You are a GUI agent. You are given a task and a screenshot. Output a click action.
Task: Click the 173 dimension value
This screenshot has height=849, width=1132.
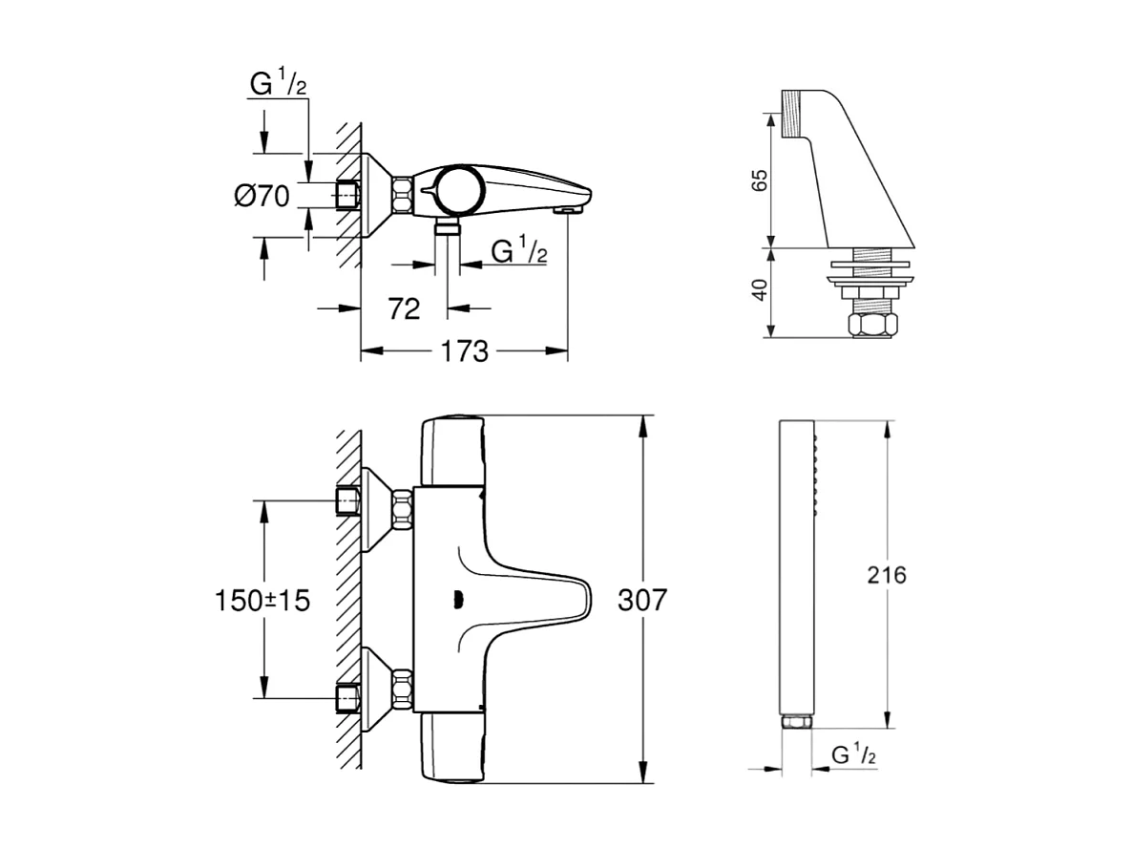[x=464, y=351]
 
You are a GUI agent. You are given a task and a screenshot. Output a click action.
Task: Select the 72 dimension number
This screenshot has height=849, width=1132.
[x=405, y=308]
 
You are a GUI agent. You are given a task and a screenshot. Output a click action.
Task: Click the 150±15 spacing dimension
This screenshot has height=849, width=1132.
[x=262, y=601]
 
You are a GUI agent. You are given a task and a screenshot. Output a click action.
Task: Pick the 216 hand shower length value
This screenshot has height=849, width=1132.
[x=887, y=575]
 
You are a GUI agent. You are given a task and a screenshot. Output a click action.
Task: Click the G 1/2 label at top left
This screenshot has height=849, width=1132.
[x=278, y=84]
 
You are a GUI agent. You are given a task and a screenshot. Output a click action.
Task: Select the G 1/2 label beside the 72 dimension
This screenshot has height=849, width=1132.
[x=518, y=251]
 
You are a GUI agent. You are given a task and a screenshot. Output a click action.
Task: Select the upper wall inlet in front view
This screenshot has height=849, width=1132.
[x=349, y=500]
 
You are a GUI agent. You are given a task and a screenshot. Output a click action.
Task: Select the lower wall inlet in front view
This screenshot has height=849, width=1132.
[x=349, y=699]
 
